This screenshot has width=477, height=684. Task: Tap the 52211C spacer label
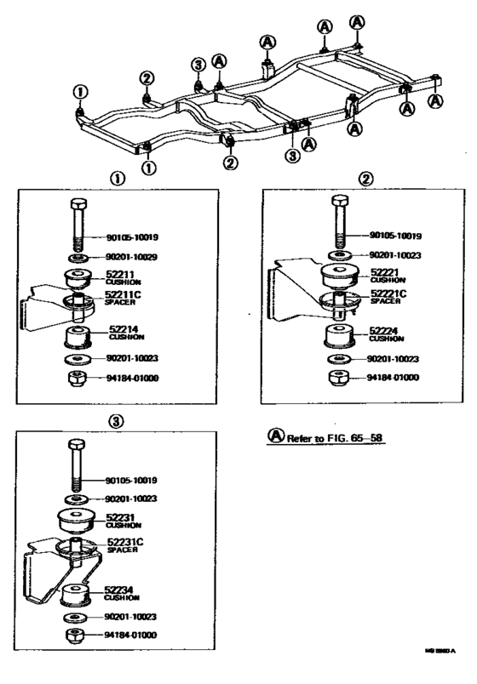pos(123,297)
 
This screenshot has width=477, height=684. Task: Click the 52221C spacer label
pos(388,295)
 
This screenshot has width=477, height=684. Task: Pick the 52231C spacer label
pos(124,542)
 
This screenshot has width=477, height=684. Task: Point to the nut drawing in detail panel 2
pos(338,377)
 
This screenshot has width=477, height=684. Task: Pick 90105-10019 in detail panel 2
pos(396,237)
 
